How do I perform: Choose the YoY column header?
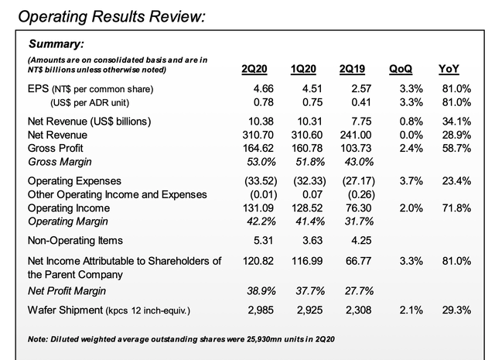tap(456, 70)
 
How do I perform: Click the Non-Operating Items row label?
tap(77, 241)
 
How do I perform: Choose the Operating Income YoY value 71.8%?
tap(457, 208)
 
